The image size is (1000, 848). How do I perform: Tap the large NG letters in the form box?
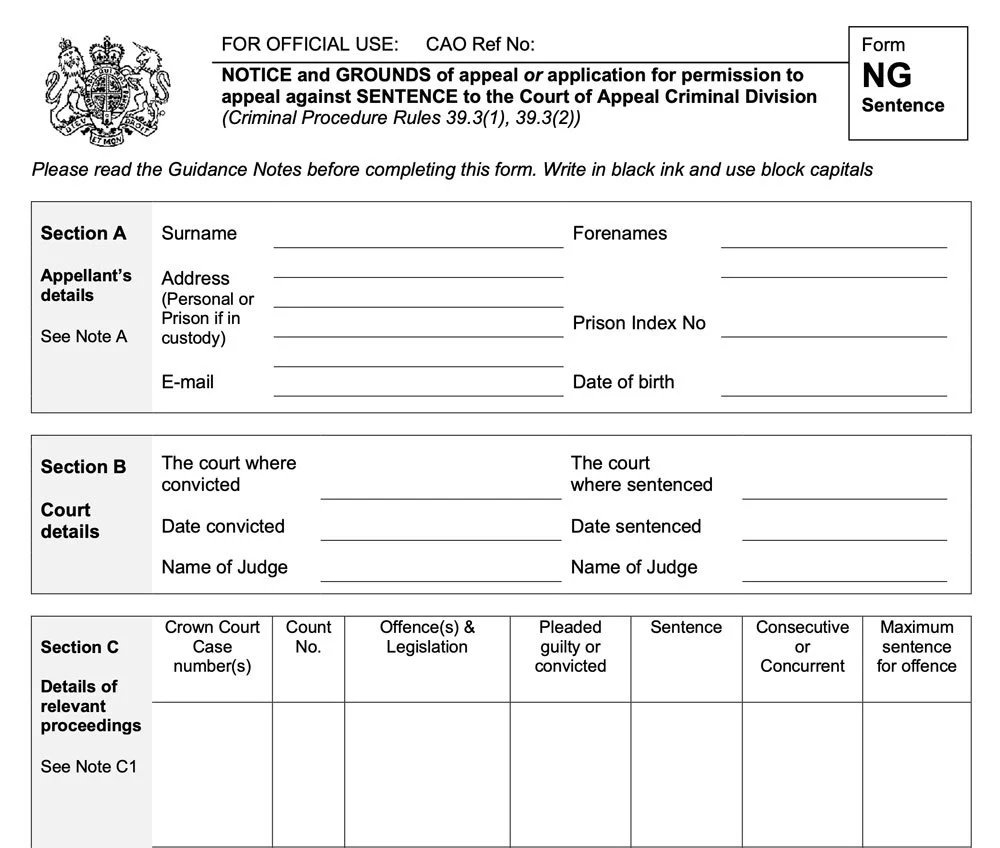pos(886,75)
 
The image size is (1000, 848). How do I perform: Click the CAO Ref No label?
pos(480,44)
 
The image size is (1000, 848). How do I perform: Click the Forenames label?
pos(619,233)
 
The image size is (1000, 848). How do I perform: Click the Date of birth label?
pos(623,382)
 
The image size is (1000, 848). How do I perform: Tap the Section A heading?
pos(83,233)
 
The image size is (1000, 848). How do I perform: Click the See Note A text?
pos(83,336)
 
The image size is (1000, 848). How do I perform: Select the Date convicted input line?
pos(440,531)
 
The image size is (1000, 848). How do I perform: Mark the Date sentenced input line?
pos(844,531)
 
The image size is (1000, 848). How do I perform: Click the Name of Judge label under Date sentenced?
pos(634,567)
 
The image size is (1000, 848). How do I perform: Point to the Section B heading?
pos(83,466)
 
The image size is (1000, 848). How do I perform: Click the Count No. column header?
pos(308,637)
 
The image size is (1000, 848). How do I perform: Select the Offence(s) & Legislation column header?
pos(427,637)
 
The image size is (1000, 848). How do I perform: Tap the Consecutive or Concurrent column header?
pos(802,646)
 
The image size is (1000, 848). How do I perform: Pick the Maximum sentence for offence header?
pos(916,646)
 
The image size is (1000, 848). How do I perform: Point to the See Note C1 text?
pos(88,766)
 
